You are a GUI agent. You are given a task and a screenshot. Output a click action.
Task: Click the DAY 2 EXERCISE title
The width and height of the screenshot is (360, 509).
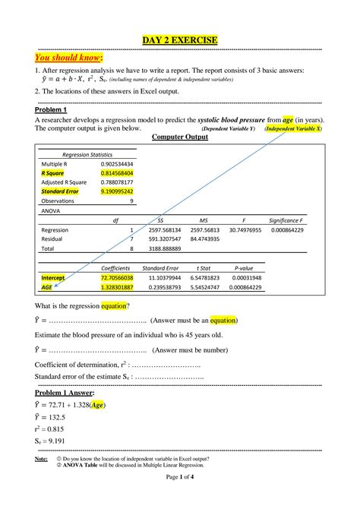(180, 40)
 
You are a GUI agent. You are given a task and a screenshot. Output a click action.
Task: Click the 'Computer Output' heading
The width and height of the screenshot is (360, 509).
(180, 137)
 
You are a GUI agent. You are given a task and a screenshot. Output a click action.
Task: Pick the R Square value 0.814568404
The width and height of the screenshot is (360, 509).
(117, 173)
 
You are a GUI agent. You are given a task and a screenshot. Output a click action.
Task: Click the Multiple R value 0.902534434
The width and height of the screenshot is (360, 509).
(117, 163)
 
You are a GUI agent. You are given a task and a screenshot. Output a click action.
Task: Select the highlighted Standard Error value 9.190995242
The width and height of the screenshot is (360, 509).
(117, 191)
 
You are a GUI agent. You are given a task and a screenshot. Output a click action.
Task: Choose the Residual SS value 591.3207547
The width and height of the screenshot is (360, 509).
(165, 239)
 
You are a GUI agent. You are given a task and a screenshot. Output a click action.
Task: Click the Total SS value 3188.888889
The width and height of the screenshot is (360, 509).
(165, 248)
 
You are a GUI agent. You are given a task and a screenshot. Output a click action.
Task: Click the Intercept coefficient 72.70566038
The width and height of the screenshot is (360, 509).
(117, 278)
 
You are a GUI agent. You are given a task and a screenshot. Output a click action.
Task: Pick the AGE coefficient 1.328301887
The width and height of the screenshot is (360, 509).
(117, 288)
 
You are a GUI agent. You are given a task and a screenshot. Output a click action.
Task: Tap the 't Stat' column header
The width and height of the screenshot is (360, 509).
(204, 268)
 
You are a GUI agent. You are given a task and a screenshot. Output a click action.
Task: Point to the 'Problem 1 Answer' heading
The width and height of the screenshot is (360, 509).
(65, 393)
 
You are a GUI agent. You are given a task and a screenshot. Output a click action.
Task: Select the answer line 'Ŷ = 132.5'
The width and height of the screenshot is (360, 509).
(50, 417)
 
